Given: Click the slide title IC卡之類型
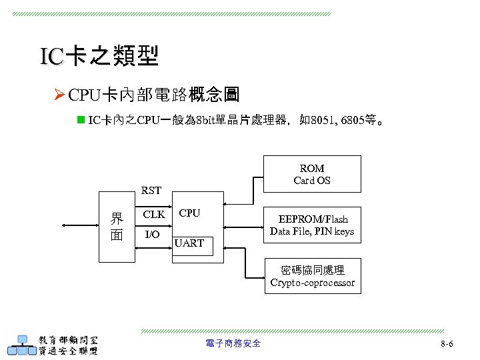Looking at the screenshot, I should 99,57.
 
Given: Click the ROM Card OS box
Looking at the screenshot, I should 311,174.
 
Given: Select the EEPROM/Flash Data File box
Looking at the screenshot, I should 312,225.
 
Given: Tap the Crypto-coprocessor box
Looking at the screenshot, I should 312,276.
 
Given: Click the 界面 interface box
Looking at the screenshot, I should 117,226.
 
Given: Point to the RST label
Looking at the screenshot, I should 151,191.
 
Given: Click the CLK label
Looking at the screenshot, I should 154,215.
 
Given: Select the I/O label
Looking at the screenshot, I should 152,235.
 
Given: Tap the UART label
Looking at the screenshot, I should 189,243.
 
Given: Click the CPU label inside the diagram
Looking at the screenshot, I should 189,213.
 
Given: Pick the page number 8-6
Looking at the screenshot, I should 447,344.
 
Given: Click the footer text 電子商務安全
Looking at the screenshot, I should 233,343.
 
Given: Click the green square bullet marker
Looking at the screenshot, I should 81,121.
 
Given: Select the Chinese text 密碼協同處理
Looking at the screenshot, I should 312,270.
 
